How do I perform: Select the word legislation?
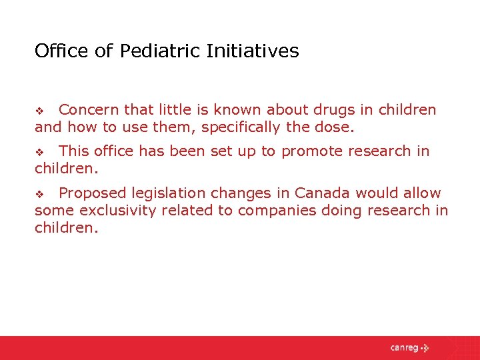[167, 193]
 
